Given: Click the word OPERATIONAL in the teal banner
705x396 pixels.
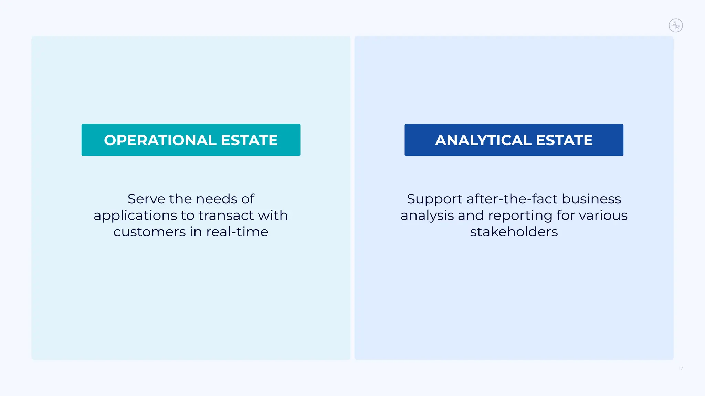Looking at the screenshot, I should coord(160,140).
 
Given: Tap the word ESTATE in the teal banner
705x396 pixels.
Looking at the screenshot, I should coord(249,140).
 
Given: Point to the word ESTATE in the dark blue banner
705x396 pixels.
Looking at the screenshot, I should coord(564,140).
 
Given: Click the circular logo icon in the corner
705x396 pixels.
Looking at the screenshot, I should coord(676,25).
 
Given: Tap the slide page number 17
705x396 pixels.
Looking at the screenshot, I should coord(681,368).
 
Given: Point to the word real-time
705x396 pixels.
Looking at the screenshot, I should coord(237,232).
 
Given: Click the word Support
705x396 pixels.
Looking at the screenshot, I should coord(434,199).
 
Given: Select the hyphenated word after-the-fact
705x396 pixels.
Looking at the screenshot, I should coord(512,199).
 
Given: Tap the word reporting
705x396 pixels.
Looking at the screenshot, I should coord(520,216).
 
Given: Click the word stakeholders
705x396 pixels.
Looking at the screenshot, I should coord(514,232).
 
